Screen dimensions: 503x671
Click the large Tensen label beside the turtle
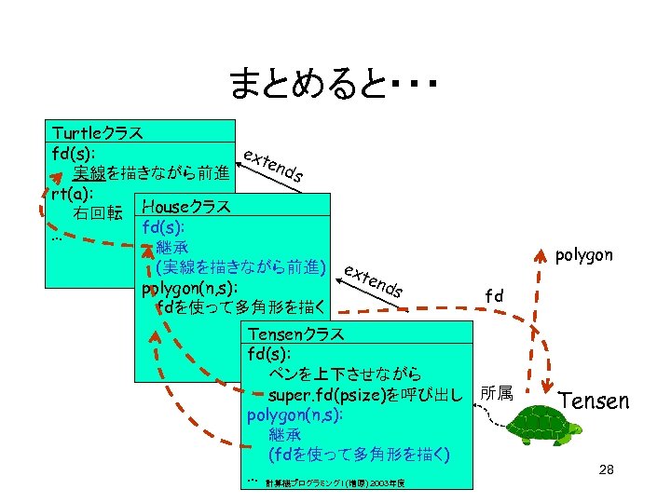594,401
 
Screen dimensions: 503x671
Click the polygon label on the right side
583,254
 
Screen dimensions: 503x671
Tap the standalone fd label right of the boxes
494,295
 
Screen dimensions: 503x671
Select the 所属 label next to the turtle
496,394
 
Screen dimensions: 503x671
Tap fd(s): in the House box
163,227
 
